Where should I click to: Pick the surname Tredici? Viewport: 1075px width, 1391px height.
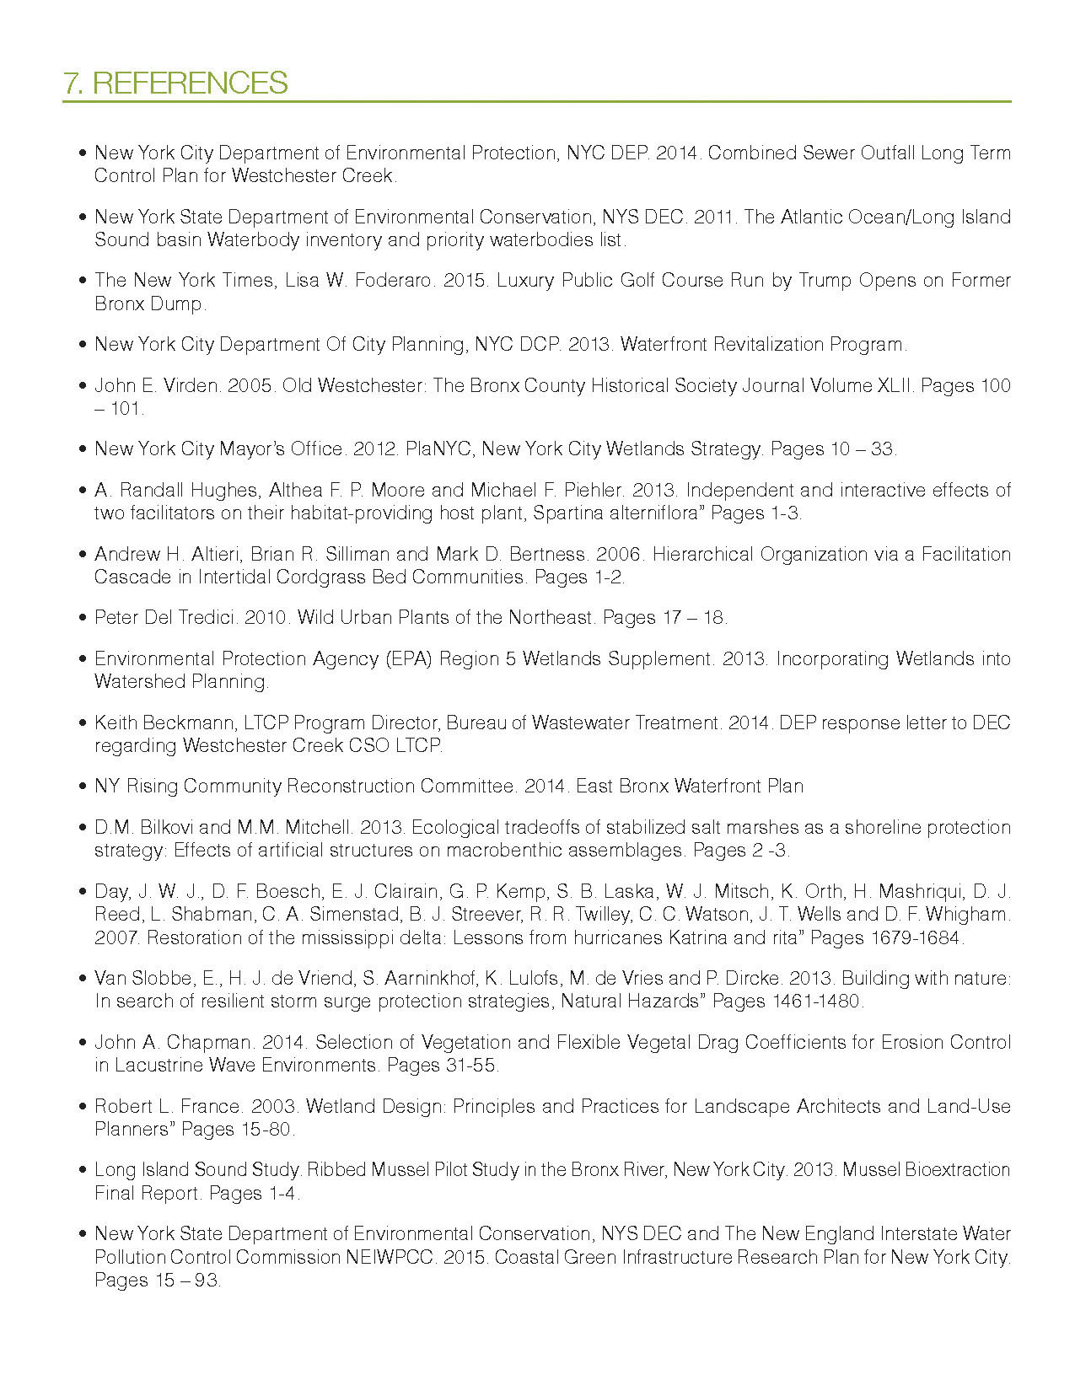pos(206,618)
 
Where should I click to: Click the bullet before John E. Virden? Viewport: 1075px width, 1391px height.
pos(82,386)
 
